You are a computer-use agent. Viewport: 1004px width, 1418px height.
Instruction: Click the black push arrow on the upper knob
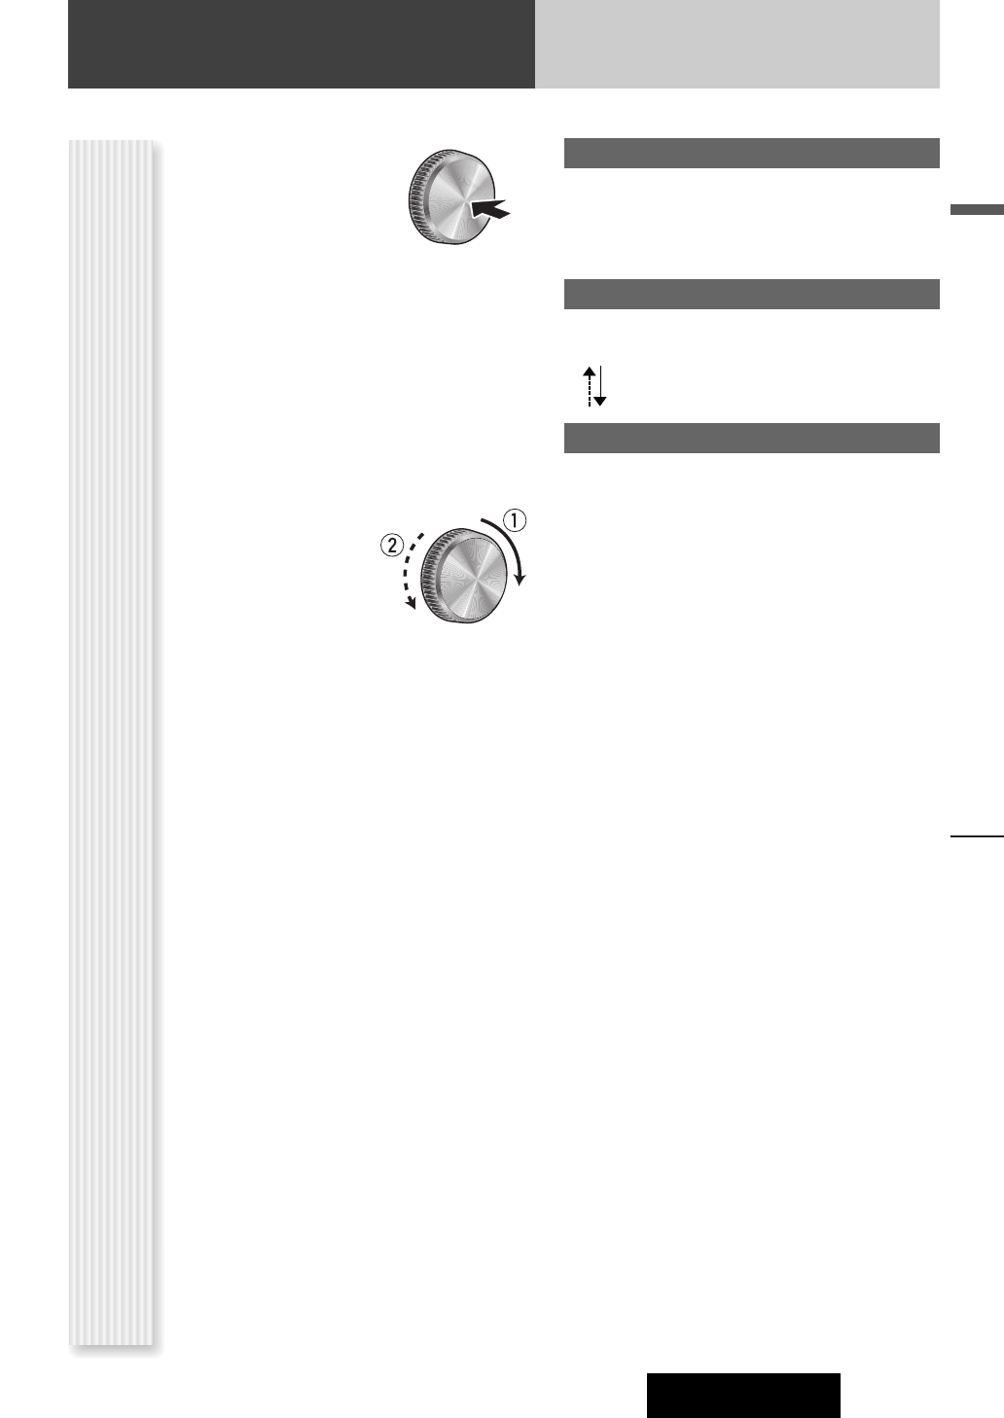click(x=490, y=209)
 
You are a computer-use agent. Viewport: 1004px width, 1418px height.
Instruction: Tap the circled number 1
click(x=515, y=520)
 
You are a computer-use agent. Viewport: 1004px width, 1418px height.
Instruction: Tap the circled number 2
click(x=392, y=545)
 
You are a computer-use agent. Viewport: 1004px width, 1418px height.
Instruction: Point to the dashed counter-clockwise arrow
click(x=406, y=570)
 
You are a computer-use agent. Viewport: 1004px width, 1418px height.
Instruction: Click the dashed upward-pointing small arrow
click(x=590, y=386)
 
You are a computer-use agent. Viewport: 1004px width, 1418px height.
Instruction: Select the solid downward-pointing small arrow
click(x=600, y=386)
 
